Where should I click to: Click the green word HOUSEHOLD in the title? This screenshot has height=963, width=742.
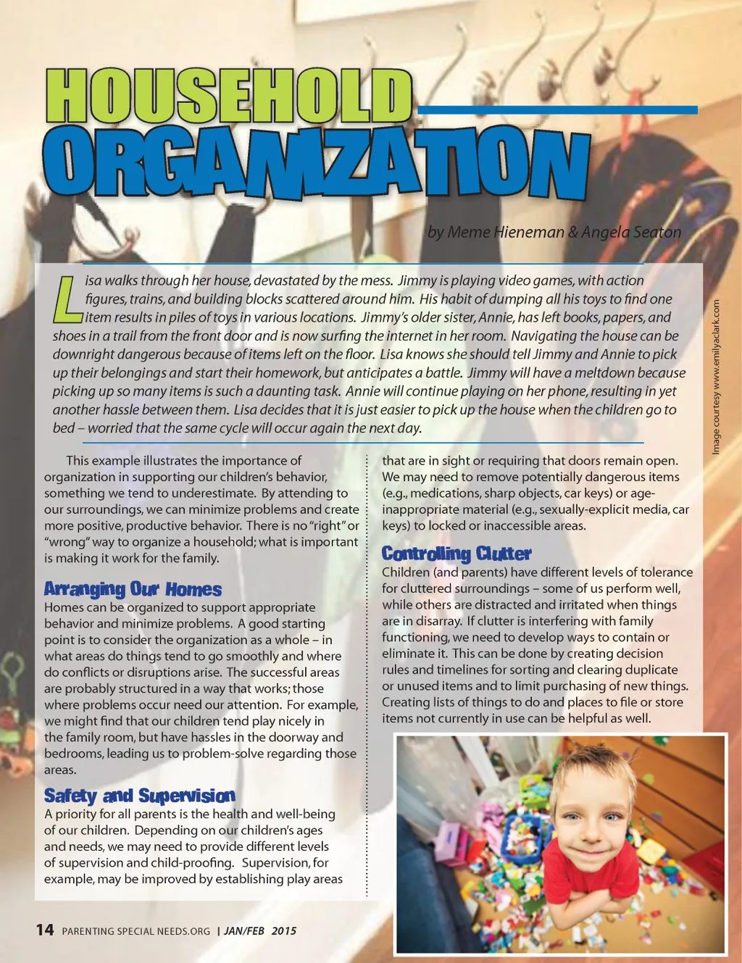pyautogui.click(x=229, y=96)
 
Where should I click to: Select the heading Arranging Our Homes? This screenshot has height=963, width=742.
pyautogui.click(x=133, y=588)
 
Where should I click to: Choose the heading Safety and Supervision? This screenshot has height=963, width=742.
pyautogui.click(x=139, y=796)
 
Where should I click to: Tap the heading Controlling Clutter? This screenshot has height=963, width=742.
pyautogui.click(x=457, y=554)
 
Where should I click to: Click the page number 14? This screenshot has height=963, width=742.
pyautogui.click(x=45, y=930)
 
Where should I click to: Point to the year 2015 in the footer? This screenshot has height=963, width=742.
pyautogui.click(x=284, y=931)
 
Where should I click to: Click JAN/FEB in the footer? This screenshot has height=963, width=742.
pyautogui.click(x=244, y=931)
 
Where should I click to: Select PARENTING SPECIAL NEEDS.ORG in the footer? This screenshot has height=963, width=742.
pyautogui.click(x=136, y=931)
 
